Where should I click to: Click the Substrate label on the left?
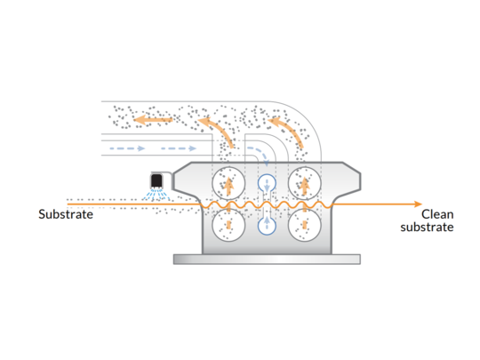click(66, 214)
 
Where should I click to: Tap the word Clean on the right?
click(437, 214)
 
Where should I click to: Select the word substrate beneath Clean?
click(427, 228)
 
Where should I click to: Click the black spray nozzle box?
click(156, 180)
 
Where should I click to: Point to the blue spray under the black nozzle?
click(156, 195)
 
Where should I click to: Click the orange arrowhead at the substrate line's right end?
click(418, 204)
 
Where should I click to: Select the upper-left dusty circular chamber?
click(228, 183)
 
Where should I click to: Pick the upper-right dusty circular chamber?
click(305, 183)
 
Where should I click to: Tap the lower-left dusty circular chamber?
click(228, 225)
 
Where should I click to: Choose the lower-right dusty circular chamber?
click(305, 225)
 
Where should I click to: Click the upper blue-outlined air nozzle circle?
click(267, 183)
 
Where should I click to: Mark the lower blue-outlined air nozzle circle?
click(267, 226)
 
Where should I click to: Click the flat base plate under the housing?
click(267, 259)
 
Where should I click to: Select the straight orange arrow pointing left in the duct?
click(153, 120)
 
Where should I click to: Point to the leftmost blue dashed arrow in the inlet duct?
click(127, 148)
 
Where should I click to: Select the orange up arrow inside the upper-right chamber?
click(304, 187)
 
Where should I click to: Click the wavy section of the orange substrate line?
click(266, 204)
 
